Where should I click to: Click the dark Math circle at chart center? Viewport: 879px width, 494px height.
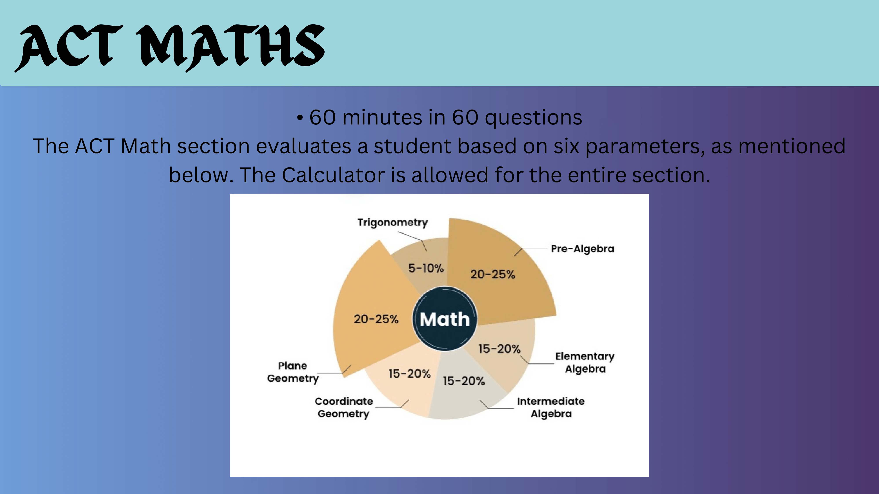(x=445, y=319)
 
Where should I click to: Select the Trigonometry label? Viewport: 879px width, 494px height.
(x=392, y=223)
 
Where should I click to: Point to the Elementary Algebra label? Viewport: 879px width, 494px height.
(x=585, y=362)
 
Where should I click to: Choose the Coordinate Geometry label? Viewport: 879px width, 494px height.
(x=344, y=407)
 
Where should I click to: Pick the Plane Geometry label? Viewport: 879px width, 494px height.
(x=293, y=372)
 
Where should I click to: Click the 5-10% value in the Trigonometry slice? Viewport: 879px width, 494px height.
(x=426, y=268)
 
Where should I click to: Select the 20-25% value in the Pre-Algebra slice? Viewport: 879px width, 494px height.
(x=493, y=274)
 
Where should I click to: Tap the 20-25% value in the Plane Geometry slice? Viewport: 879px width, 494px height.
(x=376, y=319)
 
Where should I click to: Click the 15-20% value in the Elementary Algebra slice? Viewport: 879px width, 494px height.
(x=499, y=349)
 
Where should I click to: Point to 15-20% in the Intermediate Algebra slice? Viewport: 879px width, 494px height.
(x=464, y=381)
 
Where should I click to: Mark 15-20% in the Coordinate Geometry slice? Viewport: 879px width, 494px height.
(x=409, y=374)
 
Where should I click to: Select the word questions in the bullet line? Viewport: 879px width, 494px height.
(x=533, y=118)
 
